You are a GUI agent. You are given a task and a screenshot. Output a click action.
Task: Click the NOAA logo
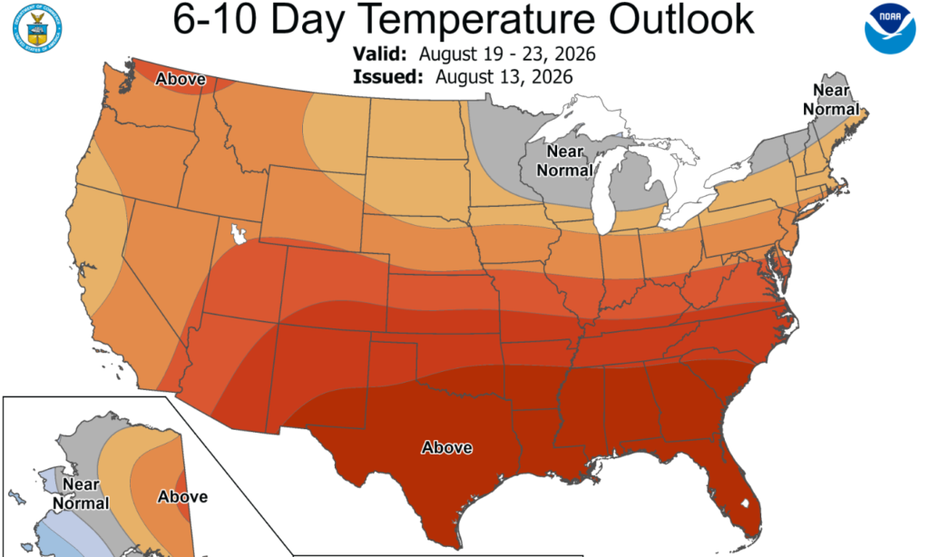[890, 28]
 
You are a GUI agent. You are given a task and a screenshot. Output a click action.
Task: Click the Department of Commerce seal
[37, 28]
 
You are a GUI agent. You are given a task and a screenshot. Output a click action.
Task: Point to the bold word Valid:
[380, 54]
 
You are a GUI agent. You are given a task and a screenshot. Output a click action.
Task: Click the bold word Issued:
[388, 77]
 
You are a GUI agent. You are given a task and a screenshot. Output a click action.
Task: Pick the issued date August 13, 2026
[504, 77]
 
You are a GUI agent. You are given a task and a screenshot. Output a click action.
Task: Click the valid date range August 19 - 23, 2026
[507, 54]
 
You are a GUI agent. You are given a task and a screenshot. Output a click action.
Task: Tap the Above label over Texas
[446, 447]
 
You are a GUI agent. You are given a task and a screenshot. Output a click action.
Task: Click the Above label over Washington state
[181, 79]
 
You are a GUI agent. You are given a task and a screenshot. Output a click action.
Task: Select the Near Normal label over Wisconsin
[564, 161]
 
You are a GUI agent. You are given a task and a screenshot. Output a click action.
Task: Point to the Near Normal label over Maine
[831, 100]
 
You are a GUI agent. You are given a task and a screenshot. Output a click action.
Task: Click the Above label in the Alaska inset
[182, 496]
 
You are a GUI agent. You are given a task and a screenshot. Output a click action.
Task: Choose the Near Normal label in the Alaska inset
[81, 493]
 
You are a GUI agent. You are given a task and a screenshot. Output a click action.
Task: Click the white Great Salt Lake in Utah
[239, 234]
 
